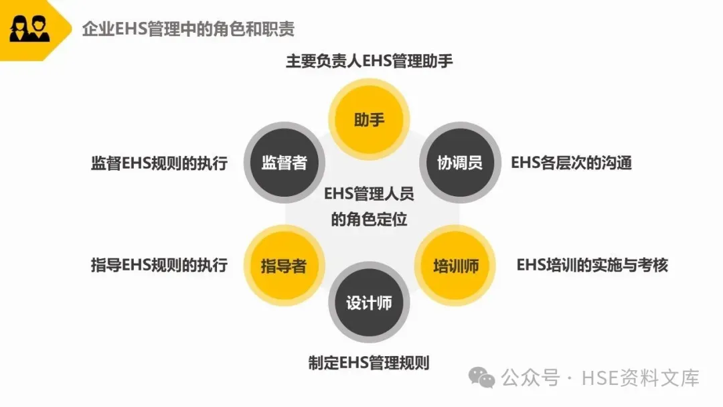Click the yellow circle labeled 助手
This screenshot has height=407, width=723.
tap(369, 120)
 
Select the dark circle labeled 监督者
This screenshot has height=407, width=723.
tap(284, 163)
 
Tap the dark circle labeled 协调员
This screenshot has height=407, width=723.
tap(459, 163)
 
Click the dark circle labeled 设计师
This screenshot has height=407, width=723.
tap(369, 303)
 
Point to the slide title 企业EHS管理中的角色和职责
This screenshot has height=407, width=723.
tap(188, 29)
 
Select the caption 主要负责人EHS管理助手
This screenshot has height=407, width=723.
tap(369, 61)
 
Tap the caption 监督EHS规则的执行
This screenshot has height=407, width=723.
tap(159, 163)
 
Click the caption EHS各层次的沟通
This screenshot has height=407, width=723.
tap(571, 163)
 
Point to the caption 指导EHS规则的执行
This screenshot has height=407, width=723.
tap(159, 264)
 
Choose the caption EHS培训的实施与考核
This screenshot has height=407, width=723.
tap(592, 264)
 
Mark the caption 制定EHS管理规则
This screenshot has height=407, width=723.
tap(369, 363)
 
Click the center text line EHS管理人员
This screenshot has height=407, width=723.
tap(369, 194)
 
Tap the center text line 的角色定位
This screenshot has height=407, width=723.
tap(369, 220)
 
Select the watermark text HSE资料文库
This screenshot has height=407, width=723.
tap(640, 378)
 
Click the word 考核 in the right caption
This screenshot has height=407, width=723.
tap(653, 264)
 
